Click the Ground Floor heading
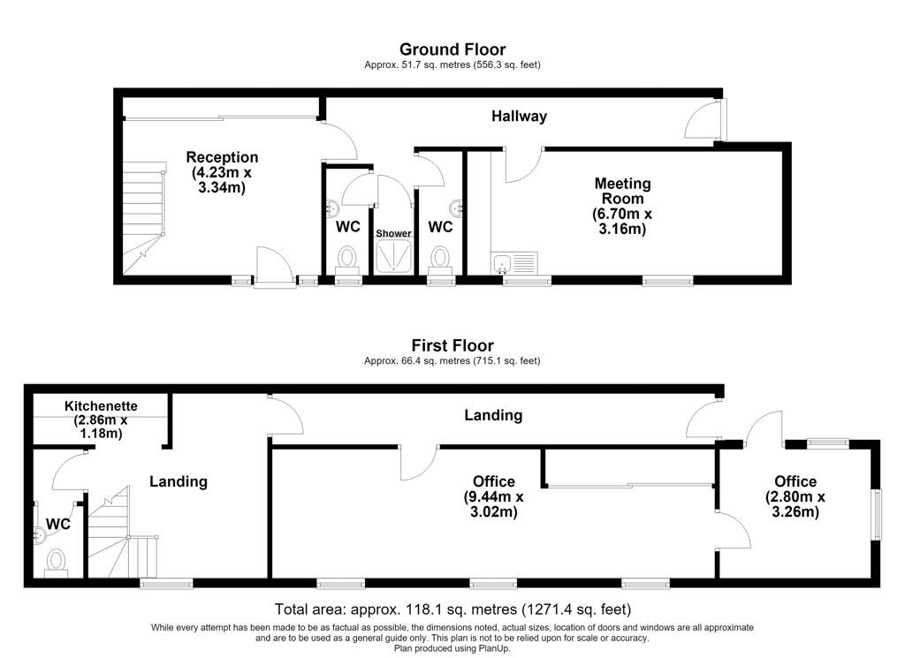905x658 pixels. pos(452,49)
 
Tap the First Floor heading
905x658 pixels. pos(452,346)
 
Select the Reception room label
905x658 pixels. pos(222,172)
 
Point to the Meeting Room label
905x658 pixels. pos(622,206)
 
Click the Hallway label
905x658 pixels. pos(519,116)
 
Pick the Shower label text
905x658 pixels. pos(393,233)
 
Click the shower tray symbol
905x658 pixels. pos(393,256)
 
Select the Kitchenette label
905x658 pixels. pos(101,420)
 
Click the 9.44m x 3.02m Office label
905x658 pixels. pos(493,496)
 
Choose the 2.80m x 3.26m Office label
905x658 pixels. pos(795,496)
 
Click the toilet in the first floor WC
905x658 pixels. pos(56,563)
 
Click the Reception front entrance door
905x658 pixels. pos(275,267)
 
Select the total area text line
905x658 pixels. pos(452,609)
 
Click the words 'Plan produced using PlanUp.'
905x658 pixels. pos(452,648)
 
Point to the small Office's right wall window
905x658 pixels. pos(877,514)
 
